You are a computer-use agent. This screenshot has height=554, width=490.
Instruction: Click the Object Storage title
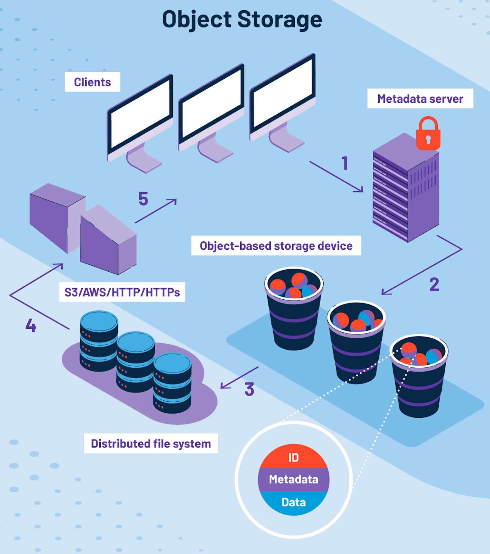click(x=242, y=20)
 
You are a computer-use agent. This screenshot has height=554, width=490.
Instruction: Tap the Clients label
click(x=92, y=82)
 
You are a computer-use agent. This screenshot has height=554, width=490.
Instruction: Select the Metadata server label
click(x=420, y=99)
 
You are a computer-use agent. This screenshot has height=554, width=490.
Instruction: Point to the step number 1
click(x=345, y=163)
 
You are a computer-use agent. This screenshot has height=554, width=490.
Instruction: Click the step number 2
click(x=434, y=284)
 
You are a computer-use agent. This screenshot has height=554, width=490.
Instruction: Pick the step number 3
click(x=249, y=389)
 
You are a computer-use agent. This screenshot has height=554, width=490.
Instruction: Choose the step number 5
click(x=143, y=199)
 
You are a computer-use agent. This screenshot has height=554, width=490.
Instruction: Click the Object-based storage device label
click(x=276, y=246)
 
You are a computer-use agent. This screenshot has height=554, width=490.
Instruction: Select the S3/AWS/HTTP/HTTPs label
click(x=122, y=292)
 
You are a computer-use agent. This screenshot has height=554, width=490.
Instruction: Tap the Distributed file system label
click(x=151, y=444)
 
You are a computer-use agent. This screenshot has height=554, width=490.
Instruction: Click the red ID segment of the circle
click(x=293, y=457)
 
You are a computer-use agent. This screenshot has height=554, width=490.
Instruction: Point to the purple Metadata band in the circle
click(x=293, y=479)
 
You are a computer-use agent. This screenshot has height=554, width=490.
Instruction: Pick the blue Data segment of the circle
click(x=293, y=502)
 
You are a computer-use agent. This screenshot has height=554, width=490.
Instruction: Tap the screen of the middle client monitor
click(x=211, y=104)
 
